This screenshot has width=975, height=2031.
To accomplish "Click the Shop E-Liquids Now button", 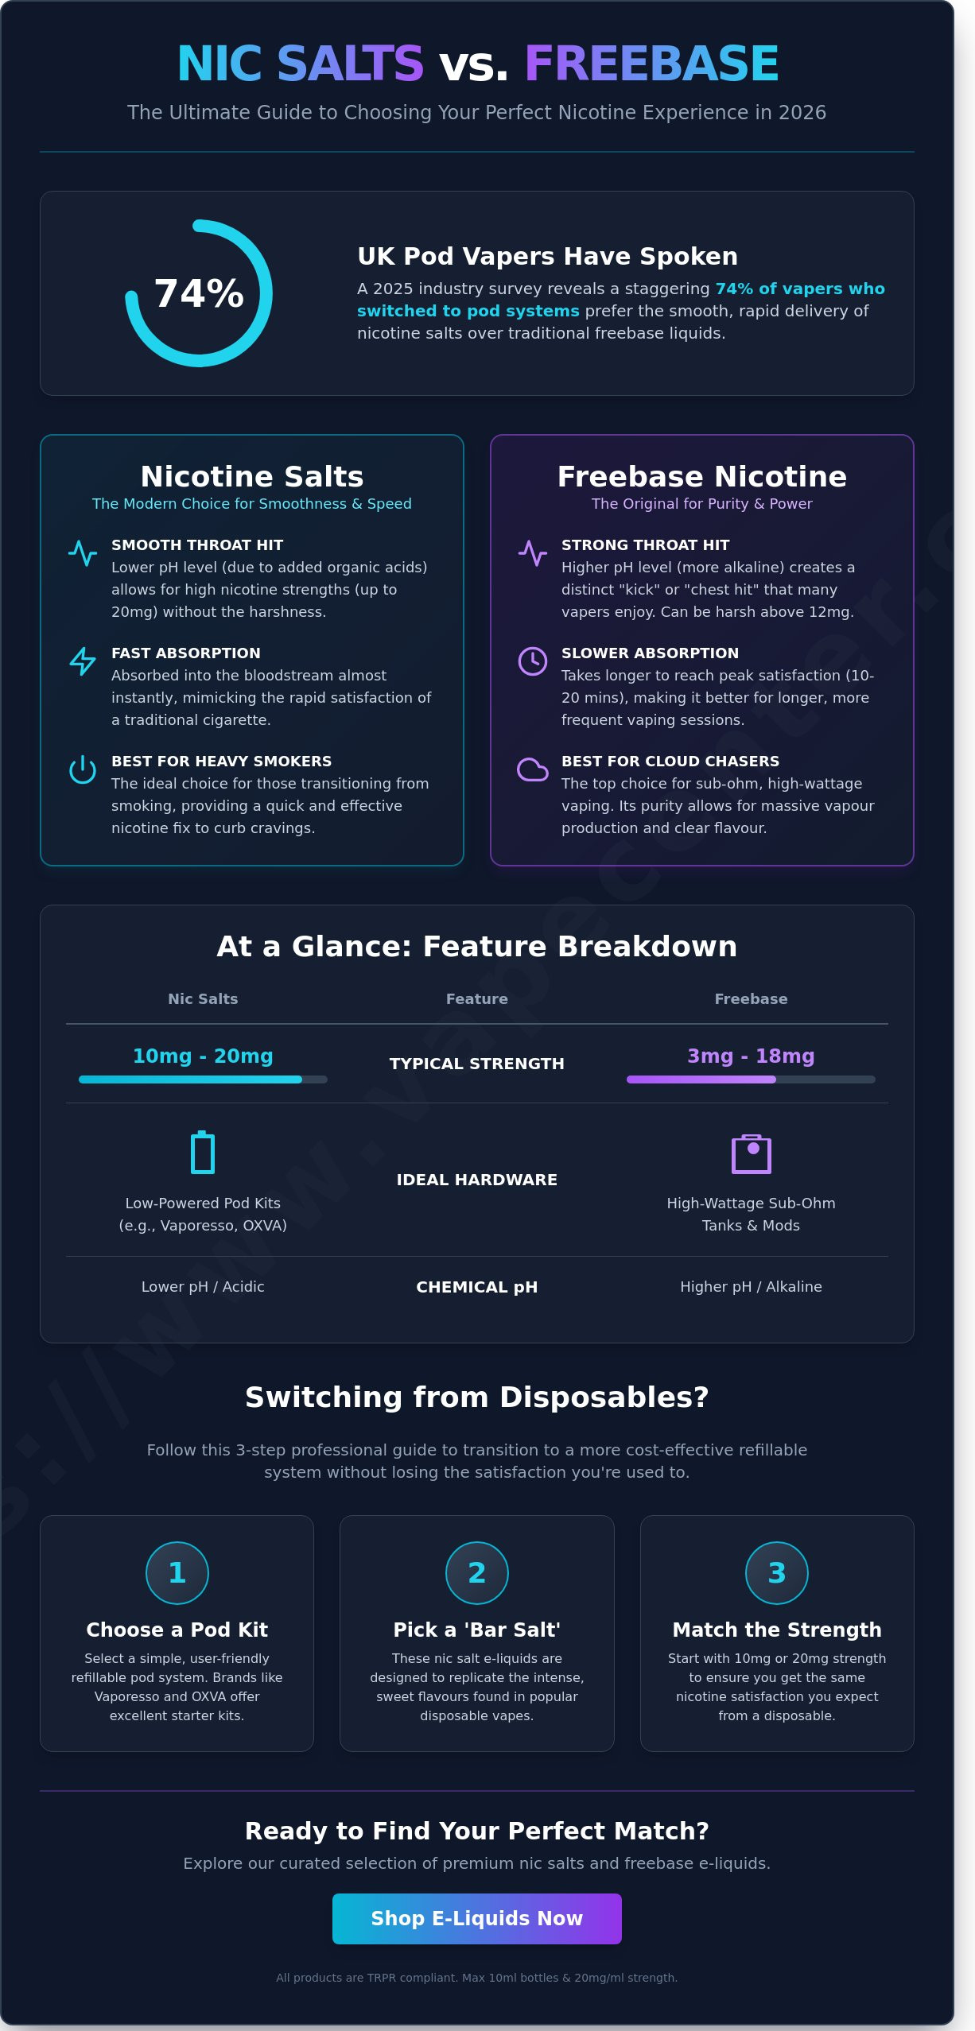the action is (476, 1918).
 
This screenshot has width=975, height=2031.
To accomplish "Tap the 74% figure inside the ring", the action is (199, 293).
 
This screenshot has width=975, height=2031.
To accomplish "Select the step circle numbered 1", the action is (177, 1572).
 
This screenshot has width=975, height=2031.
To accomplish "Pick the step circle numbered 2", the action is (477, 1572).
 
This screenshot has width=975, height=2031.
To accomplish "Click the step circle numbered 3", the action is (777, 1572).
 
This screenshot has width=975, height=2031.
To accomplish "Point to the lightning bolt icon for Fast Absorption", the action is (83, 661).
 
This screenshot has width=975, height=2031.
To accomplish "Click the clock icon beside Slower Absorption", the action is (533, 661).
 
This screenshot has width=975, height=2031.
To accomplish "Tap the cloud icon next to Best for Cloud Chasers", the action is (533, 769).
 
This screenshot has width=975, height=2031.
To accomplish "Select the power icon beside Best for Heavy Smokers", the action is (83, 769).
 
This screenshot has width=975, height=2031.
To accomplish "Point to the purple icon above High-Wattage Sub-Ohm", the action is (752, 1153).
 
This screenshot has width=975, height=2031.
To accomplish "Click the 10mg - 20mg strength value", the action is (203, 1056).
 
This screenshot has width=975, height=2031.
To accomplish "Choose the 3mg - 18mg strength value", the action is (751, 1056).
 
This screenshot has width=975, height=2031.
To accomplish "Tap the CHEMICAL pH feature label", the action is (477, 1287).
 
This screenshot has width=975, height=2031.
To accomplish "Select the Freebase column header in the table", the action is (751, 998).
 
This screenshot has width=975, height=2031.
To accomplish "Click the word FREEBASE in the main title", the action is (651, 64).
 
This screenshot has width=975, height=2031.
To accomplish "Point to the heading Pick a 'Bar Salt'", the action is (477, 1630).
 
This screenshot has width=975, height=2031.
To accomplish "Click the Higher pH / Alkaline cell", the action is (751, 1286).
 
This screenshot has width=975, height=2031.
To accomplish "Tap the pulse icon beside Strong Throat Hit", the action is (533, 552).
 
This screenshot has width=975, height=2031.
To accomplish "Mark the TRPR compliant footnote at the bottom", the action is (477, 1977).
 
